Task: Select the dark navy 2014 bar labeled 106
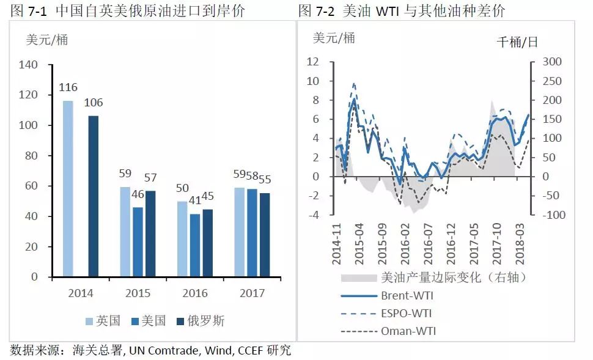[x=93, y=196]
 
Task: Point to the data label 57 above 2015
[x=150, y=178]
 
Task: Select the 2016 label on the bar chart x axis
[x=194, y=293]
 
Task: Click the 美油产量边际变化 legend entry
[x=452, y=278]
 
